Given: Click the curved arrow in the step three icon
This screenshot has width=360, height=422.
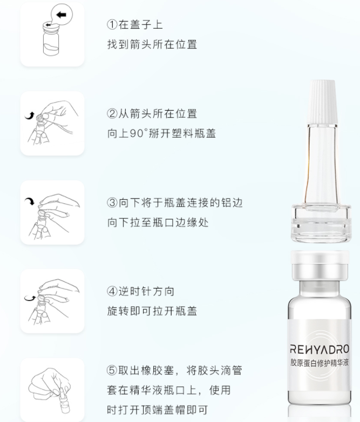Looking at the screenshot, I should [x=29, y=202].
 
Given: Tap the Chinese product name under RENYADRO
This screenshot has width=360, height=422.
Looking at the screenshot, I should [x=320, y=363].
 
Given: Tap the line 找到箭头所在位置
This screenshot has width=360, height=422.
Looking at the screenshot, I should [x=152, y=44].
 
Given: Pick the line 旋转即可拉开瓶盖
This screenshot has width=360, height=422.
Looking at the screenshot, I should [x=152, y=311].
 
